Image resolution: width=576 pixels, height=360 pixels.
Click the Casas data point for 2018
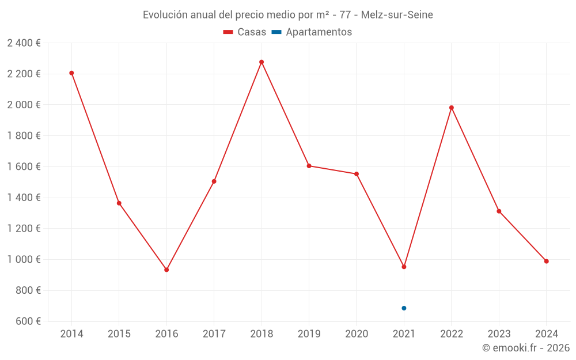(x=262, y=62)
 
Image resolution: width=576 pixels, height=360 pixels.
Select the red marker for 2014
(x=71, y=73)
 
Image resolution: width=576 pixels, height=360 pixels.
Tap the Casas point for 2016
(x=166, y=270)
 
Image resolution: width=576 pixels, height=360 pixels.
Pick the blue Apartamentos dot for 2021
(x=404, y=308)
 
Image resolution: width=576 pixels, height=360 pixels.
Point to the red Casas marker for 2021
(x=404, y=267)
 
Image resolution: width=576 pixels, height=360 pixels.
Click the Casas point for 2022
(x=452, y=108)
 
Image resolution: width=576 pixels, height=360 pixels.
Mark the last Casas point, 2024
(x=546, y=262)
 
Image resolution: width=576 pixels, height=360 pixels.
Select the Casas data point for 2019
(x=309, y=166)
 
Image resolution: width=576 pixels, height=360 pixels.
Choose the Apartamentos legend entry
(x=319, y=32)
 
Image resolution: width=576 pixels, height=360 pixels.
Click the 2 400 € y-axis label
(x=24, y=43)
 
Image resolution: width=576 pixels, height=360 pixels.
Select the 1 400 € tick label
(x=24, y=198)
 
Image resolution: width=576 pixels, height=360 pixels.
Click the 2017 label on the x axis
(x=214, y=334)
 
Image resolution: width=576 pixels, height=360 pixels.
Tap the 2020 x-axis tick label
(x=357, y=334)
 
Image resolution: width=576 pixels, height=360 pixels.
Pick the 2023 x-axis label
(x=499, y=334)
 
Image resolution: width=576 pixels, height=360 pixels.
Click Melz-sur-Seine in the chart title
(x=397, y=15)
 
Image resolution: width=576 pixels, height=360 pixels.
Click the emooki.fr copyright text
(x=526, y=348)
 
